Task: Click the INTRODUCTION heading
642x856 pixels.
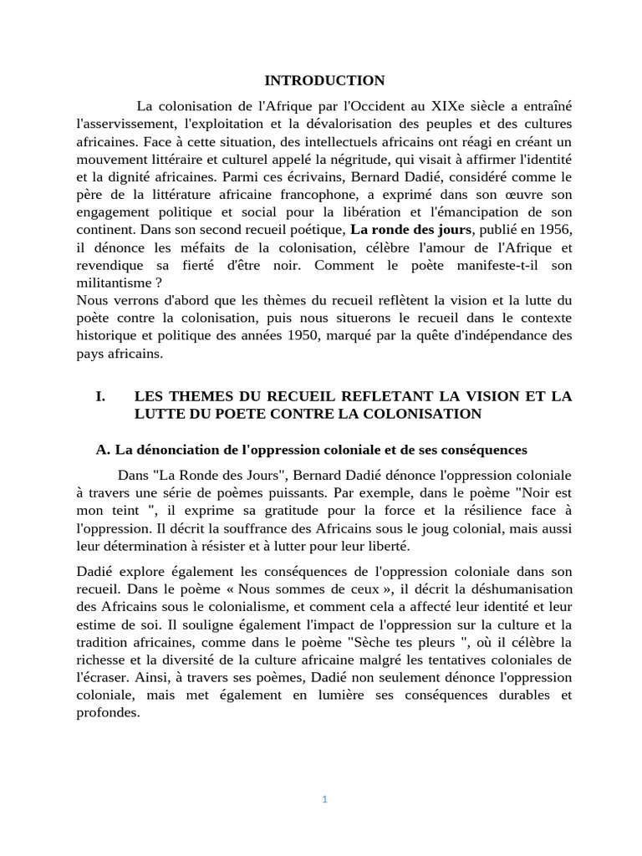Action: click(x=324, y=81)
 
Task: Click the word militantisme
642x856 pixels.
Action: click(x=112, y=283)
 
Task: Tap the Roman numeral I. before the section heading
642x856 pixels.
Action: click(x=101, y=396)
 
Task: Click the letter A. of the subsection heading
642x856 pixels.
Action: click(x=104, y=450)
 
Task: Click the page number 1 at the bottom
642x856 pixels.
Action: click(x=324, y=799)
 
